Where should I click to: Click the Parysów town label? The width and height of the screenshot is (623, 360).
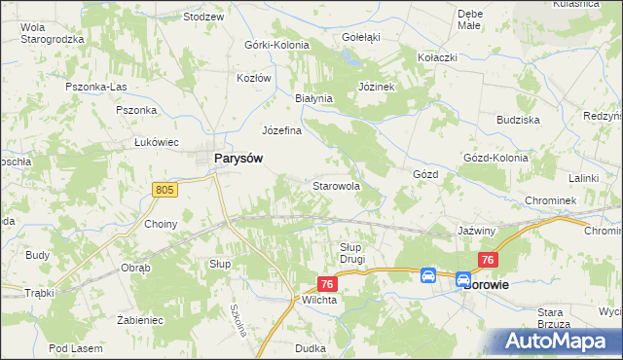coord(236,161)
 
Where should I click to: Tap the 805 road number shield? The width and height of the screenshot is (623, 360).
coord(165,191)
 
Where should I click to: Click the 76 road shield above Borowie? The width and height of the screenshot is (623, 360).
coord(489,260)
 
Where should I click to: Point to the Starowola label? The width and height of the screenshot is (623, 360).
coord(336,185)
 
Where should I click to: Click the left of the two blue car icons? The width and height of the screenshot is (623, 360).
coord(427,276)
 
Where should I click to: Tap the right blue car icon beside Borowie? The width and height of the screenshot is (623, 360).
coord(463,279)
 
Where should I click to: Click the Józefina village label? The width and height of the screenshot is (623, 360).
coord(281,130)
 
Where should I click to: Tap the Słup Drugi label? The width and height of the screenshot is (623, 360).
coord(351,253)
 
